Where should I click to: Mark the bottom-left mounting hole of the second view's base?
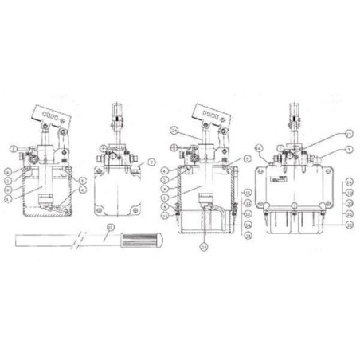point(101,212)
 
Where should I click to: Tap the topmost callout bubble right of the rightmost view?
point(326,133)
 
